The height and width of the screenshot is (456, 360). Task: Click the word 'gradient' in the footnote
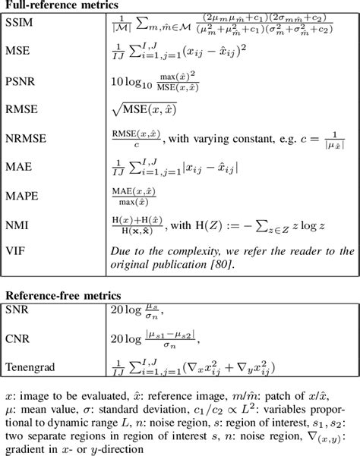click(24, 448)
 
